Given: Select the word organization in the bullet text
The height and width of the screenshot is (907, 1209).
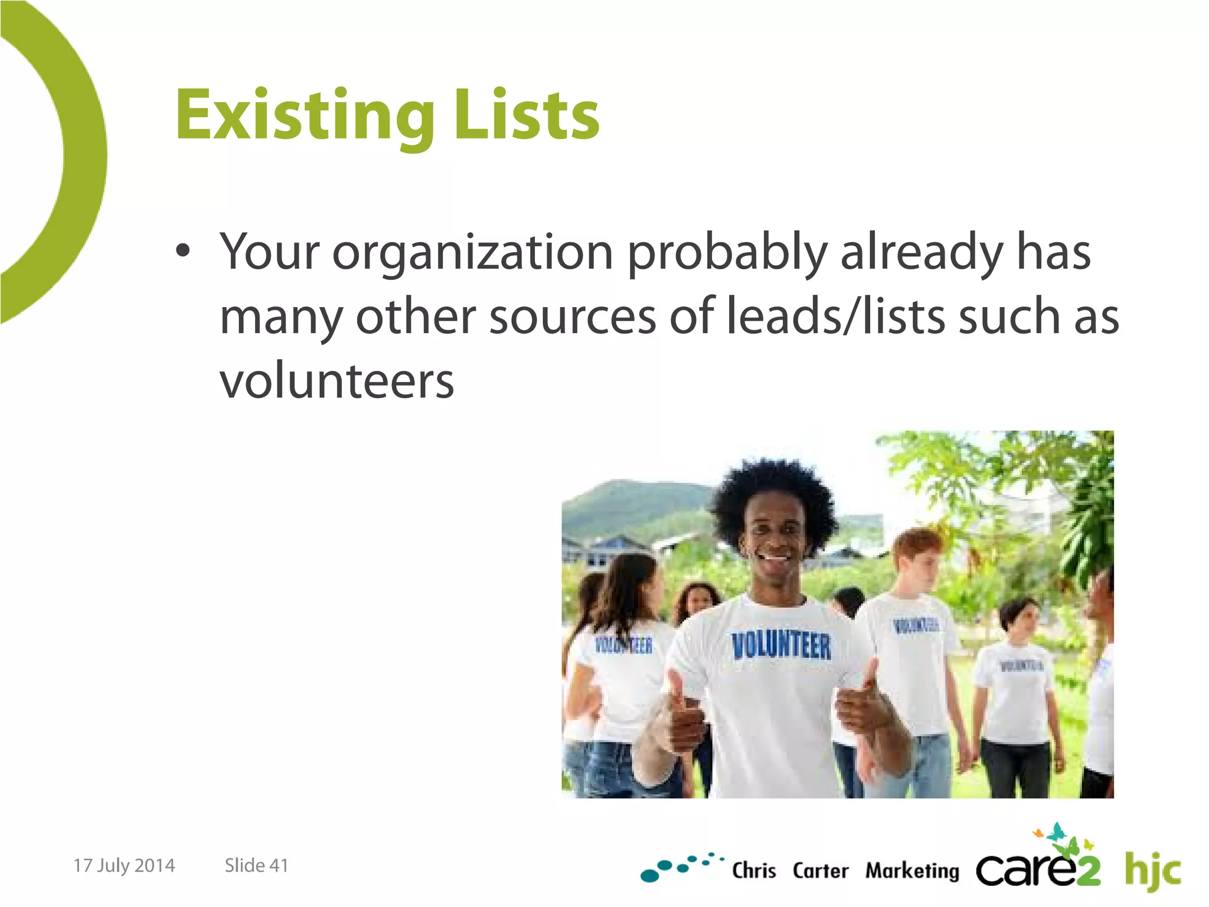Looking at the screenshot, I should (x=472, y=253).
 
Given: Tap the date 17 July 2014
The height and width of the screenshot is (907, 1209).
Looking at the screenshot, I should (x=124, y=865).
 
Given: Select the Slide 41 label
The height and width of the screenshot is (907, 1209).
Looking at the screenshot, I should (x=256, y=865).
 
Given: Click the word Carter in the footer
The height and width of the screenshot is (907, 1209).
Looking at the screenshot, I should (x=820, y=870).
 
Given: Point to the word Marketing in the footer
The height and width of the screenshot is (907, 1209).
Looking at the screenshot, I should (x=912, y=870).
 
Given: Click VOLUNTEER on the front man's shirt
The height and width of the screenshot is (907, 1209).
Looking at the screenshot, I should (x=781, y=645).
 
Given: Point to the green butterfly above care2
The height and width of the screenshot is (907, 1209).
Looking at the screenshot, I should (x=1057, y=833).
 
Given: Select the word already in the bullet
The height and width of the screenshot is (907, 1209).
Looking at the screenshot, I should (x=921, y=253).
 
